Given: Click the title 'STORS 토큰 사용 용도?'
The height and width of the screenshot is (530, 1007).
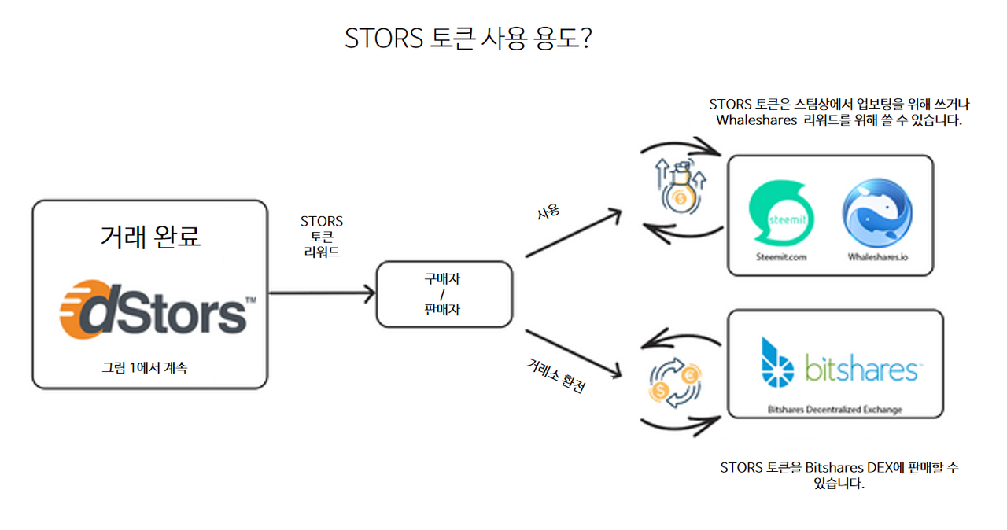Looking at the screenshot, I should [468, 39].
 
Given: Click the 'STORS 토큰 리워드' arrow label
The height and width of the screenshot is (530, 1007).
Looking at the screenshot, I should [322, 237].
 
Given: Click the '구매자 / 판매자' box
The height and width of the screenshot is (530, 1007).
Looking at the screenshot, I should [444, 294].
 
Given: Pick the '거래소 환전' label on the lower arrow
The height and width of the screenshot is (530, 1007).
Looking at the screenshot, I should [556, 375].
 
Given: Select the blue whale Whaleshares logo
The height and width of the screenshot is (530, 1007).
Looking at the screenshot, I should [877, 212].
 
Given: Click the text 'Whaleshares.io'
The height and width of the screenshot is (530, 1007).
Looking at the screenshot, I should [877, 256].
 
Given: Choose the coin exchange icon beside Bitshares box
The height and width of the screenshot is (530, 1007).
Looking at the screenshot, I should [674, 385].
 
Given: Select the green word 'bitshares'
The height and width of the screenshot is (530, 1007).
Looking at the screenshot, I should [861, 369].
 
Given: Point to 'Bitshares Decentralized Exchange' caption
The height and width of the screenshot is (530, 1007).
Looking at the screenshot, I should [835, 409].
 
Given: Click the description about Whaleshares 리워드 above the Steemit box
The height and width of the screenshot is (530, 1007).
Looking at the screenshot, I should [839, 112].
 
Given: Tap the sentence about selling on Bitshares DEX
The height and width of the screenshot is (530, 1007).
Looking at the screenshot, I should [839, 475].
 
